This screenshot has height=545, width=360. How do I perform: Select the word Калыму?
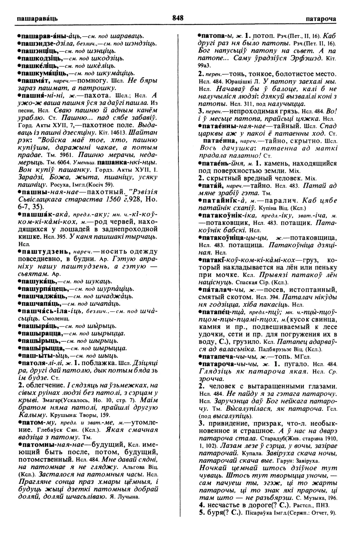(x=31, y=415)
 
